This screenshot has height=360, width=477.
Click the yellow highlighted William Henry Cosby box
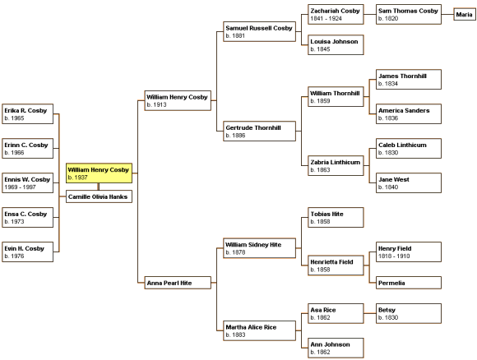(99, 173)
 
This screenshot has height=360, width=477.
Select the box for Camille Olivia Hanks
(99, 196)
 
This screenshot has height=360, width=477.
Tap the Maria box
(464, 14)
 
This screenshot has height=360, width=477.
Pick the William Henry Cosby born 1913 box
(178, 100)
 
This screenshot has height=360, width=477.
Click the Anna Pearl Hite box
(178, 283)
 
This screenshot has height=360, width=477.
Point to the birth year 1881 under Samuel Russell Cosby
(235, 35)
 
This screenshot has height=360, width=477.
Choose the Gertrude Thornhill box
(259, 131)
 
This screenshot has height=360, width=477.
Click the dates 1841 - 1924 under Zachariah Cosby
(326, 18)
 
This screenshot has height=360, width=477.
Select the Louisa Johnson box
(336, 44)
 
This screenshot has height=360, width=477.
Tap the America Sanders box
(409, 113)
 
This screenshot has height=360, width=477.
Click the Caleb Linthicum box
(409, 149)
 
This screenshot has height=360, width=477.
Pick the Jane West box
(409, 182)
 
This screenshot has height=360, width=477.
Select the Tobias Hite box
(336, 217)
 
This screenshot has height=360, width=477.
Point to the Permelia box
(409, 283)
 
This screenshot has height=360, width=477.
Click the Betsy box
(409, 313)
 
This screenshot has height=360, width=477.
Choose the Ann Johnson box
(336, 348)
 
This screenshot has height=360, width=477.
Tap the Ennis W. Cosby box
(27, 182)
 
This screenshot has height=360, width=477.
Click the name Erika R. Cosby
(25, 110)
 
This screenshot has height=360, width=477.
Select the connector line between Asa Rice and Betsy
(369, 313)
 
